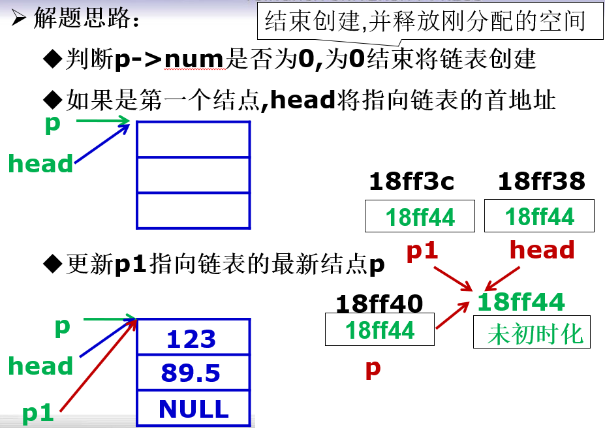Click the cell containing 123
(x=193, y=338)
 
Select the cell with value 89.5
(x=193, y=373)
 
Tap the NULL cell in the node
(x=193, y=409)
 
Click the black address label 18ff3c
(x=411, y=181)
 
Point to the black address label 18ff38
(x=541, y=181)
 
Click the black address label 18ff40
(x=379, y=303)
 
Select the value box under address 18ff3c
(x=420, y=216)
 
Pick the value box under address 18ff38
(x=539, y=216)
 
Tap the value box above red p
(x=379, y=330)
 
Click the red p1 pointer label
(x=422, y=251)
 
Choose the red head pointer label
(x=542, y=250)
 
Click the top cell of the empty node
(x=193, y=139)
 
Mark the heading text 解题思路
(x=85, y=20)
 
